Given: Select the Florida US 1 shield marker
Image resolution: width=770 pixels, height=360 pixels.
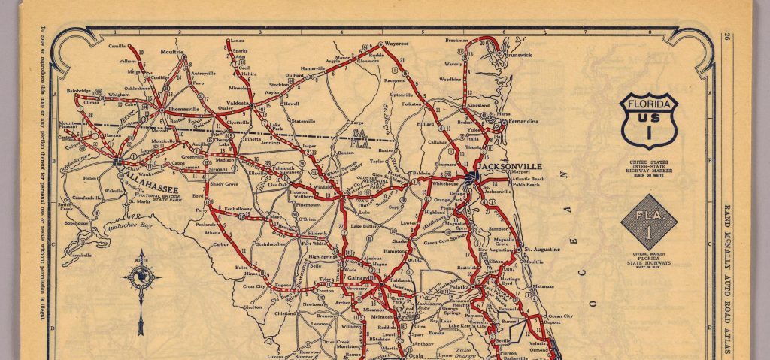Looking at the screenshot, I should coord(649,121).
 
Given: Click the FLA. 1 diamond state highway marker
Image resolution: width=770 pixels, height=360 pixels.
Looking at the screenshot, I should coord(649,222).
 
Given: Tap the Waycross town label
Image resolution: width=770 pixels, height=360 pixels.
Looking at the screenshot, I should coord(396,44).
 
